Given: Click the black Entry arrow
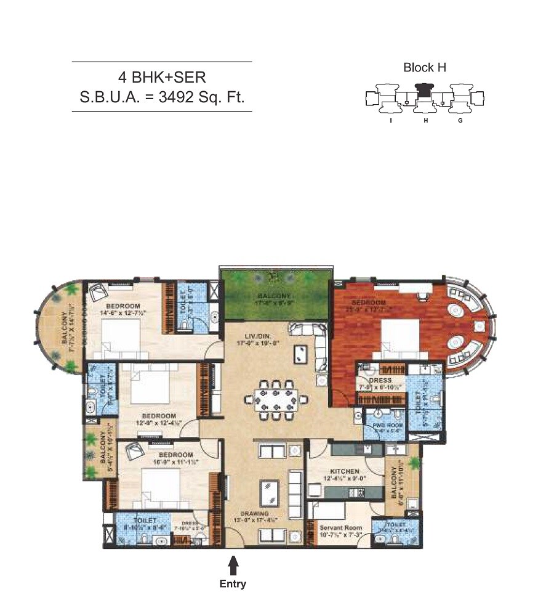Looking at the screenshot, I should point(233,566).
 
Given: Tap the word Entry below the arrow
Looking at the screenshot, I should point(233,584).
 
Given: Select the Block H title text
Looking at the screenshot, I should point(425,68).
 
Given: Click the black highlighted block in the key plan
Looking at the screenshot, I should point(424,91).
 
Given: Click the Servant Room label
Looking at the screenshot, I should point(340,527).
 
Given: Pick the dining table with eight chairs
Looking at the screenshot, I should point(275,400).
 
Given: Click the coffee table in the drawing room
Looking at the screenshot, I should point(268,492).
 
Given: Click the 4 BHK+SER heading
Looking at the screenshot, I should point(162,78).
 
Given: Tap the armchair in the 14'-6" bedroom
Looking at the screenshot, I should point(98,291).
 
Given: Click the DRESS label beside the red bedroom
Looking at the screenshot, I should point(380,380).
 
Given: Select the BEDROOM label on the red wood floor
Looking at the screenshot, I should point(369,303).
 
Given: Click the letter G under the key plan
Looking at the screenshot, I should point(460,121).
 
